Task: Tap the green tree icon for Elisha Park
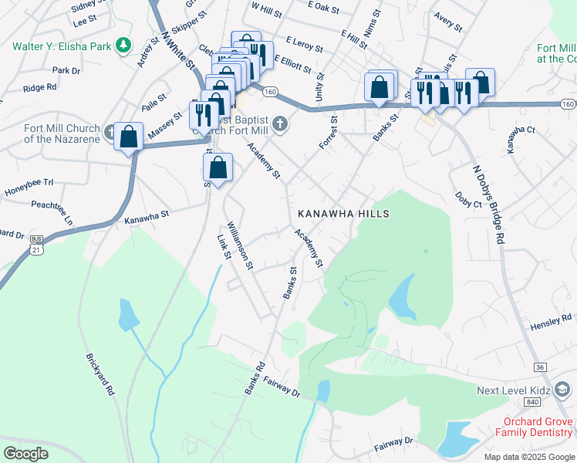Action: click(123, 46)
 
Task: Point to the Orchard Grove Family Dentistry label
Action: click(536, 428)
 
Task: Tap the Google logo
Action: click(25, 454)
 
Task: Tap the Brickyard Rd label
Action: click(100, 375)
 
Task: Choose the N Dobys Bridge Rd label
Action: click(488, 204)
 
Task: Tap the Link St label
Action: click(224, 246)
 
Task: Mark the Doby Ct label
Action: click(467, 199)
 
